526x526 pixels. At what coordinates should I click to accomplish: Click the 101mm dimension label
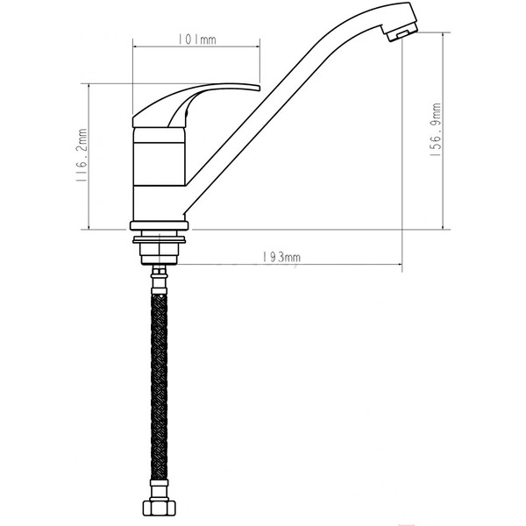[196, 39]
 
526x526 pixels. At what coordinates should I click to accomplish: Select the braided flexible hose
[159, 386]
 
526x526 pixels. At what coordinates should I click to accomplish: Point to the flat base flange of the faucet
[160, 224]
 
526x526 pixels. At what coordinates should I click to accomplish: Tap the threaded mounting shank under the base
[160, 252]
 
